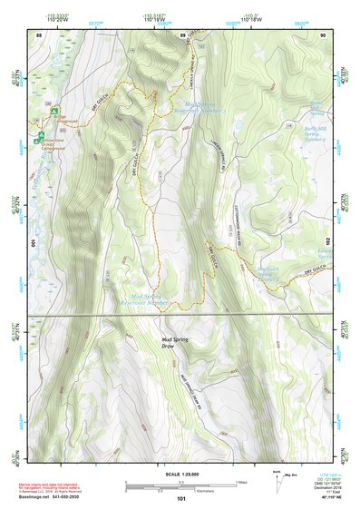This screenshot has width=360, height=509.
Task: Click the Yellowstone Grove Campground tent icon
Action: click(39, 139)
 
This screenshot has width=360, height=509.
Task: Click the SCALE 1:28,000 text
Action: click(182, 472)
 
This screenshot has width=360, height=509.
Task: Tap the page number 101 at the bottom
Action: click(181, 499)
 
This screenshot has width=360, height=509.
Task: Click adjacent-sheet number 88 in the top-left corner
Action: click(39, 34)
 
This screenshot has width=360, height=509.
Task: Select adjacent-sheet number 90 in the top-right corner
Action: click(323, 34)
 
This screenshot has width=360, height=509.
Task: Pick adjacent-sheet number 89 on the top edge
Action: click(181, 34)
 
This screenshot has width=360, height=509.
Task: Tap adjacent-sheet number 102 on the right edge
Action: click(326, 243)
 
